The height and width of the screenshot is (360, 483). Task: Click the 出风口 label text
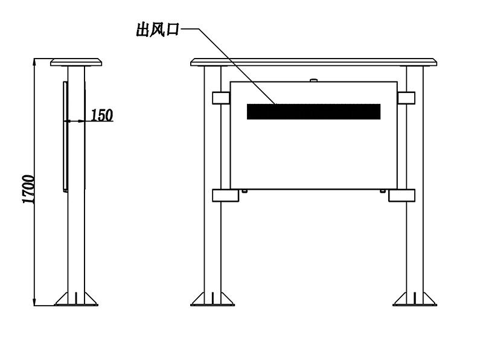158,30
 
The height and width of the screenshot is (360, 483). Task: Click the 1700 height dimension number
28,189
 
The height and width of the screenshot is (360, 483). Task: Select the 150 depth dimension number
102,115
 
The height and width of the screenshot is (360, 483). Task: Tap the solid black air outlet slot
313,112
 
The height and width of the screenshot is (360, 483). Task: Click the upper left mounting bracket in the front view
221,98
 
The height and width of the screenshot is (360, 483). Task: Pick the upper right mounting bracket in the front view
406,98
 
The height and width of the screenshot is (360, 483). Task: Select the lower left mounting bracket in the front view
225,196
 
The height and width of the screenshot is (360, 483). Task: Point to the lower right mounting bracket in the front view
401,196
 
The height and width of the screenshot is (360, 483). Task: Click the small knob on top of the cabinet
313,80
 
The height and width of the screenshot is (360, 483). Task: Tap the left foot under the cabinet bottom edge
245,191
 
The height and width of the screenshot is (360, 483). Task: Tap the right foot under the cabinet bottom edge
383,191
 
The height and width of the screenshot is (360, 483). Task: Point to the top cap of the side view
76,62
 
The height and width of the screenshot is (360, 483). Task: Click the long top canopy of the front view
313,62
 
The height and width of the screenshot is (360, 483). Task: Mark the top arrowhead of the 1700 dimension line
35,62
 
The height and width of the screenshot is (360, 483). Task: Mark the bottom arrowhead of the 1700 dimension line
35,302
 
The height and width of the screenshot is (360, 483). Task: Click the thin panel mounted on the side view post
65,137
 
